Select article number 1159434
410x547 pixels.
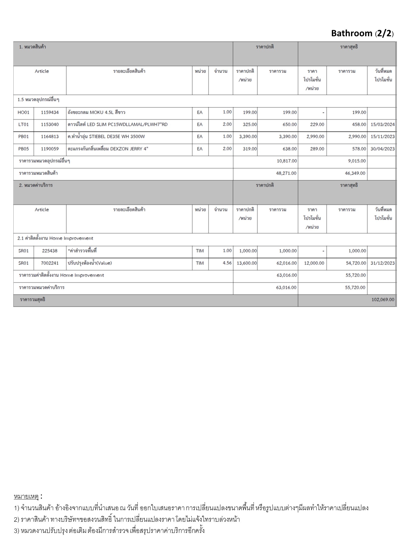point(50,112)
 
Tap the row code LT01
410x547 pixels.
point(23,124)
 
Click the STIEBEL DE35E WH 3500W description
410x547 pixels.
point(106,137)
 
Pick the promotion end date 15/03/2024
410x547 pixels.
point(383,124)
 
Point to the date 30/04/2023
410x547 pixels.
point(383,149)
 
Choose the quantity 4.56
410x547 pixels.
point(227,263)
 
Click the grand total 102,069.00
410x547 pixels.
point(383,300)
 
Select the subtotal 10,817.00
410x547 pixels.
point(286,161)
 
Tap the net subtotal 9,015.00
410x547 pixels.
point(355,161)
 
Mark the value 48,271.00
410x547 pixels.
point(286,173)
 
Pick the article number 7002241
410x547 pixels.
point(50,263)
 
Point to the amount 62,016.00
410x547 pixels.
point(286,263)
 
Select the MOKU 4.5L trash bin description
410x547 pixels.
point(96,112)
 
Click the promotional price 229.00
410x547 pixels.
point(317,124)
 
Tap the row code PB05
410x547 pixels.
point(23,149)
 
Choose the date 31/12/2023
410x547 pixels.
point(383,263)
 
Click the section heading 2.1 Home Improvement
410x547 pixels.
point(55,238)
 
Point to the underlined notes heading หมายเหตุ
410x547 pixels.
point(26,497)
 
